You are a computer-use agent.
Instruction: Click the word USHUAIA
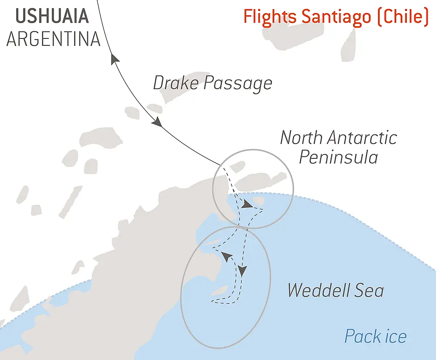(x=52, y=16)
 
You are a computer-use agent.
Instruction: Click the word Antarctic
(x=363, y=137)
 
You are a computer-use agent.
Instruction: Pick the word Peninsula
(x=338, y=157)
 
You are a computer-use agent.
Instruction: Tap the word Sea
(x=369, y=290)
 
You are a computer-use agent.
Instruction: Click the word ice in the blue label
(x=395, y=336)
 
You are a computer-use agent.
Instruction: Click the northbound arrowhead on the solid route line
(x=115, y=59)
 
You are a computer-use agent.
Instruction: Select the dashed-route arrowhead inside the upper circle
(x=247, y=205)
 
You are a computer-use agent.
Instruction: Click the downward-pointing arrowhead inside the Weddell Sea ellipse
(x=242, y=271)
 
